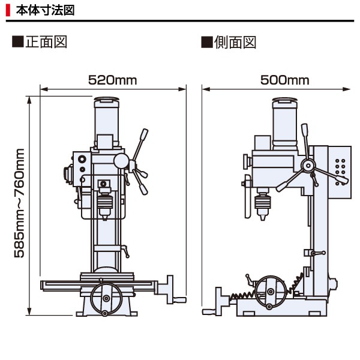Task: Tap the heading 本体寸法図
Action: coord(44,10)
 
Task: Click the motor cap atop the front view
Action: coord(106,101)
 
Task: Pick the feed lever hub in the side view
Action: coord(308,166)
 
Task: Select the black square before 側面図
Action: coord(207,43)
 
